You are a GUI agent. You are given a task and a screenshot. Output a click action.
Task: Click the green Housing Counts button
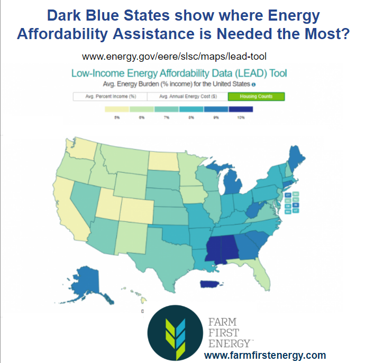tap(256, 97)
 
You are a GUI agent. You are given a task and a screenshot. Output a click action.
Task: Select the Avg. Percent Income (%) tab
tap(109, 97)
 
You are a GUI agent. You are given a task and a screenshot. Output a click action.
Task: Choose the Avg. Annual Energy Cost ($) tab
tap(187, 97)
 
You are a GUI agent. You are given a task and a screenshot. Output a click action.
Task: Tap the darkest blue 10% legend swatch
tap(241, 109)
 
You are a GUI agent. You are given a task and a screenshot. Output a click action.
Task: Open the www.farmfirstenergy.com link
tap(264, 355)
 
